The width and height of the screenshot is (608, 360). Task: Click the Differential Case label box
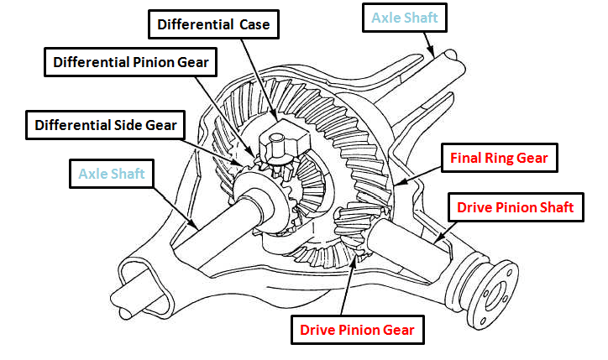(212, 25)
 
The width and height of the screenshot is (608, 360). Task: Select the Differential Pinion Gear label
(130, 61)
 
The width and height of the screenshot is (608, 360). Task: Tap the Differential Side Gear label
(106, 126)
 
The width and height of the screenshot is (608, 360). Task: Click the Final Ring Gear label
(499, 158)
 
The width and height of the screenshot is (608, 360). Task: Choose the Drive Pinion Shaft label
(515, 206)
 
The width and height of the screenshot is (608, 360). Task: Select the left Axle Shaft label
(112, 175)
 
